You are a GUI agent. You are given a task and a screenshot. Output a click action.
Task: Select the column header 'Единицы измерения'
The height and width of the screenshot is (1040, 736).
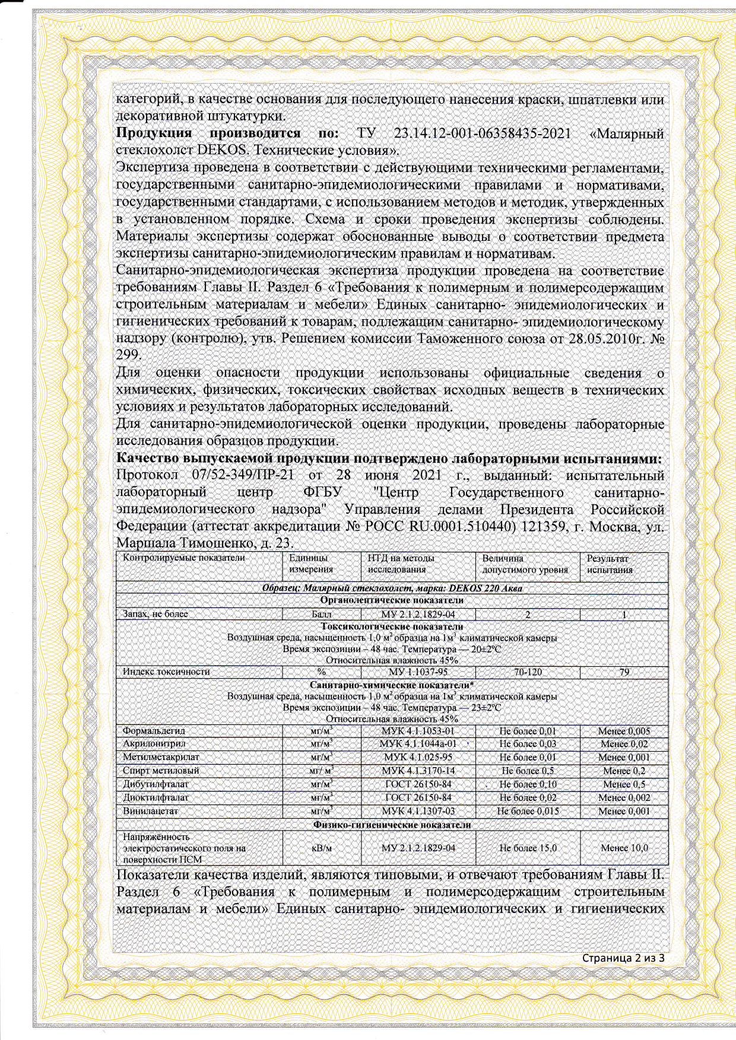310,564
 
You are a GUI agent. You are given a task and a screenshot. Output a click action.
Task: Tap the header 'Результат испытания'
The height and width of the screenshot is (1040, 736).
610,564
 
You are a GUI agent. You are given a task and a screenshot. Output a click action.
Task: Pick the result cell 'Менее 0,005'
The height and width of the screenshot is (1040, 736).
624,732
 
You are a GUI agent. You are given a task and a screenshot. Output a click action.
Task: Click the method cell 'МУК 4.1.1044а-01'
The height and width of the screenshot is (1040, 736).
418,744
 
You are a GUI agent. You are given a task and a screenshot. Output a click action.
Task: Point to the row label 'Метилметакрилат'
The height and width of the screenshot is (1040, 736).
161,758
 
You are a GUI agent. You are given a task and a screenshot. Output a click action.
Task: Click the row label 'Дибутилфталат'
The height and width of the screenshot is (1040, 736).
156,784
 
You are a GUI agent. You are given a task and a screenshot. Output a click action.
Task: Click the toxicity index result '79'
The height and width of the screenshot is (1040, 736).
624,673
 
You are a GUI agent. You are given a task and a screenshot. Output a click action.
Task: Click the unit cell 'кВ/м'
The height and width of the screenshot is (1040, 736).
321,848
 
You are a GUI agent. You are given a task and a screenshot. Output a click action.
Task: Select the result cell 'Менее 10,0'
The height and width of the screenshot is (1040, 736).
624,848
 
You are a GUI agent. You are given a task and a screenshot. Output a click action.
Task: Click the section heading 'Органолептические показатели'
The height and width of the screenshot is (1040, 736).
392,601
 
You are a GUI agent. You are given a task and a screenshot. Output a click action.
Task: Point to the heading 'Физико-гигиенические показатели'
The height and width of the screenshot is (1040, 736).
392,825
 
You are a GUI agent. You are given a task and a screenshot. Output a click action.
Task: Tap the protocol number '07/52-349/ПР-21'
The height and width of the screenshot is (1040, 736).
246,476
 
